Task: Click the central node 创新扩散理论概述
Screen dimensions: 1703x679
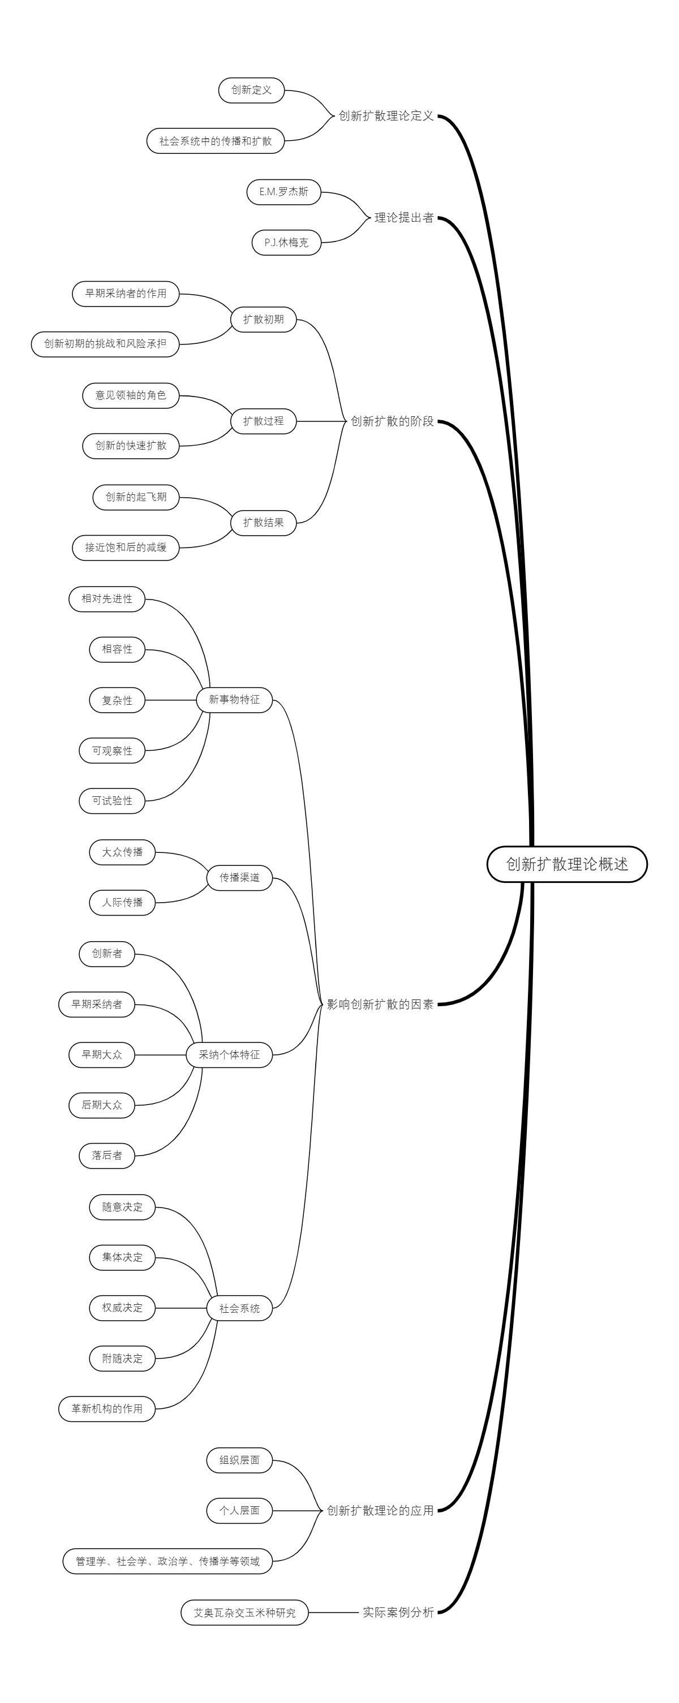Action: pos(566,864)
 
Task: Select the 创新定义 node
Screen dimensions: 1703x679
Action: pos(251,90)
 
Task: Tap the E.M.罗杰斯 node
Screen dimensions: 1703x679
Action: pos(283,192)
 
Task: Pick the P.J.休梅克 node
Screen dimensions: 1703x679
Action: pos(286,243)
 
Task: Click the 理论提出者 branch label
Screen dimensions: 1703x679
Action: pos(403,218)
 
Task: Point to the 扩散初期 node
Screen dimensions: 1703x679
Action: pos(263,320)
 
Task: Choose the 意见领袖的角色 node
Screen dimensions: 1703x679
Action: pos(131,395)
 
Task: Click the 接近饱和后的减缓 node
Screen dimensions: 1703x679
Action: pos(126,547)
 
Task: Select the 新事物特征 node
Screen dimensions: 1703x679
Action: pos(234,700)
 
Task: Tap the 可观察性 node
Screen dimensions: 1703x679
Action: pos(111,751)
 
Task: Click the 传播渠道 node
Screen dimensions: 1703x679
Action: pos(239,877)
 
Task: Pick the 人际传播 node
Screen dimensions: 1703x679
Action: pos(122,903)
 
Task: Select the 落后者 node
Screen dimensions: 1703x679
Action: pos(107,1156)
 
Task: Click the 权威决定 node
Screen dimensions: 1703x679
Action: pos(122,1308)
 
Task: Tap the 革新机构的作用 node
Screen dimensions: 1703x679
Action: pos(107,1409)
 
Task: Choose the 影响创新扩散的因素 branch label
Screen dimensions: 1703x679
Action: pos(380,1004)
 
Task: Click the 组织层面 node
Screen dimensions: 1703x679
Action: pos(239,1460)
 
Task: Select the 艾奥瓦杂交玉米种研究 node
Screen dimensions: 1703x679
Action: pos(244,1613)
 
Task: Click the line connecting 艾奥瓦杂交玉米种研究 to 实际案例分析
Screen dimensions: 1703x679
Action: pos(333,1613)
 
